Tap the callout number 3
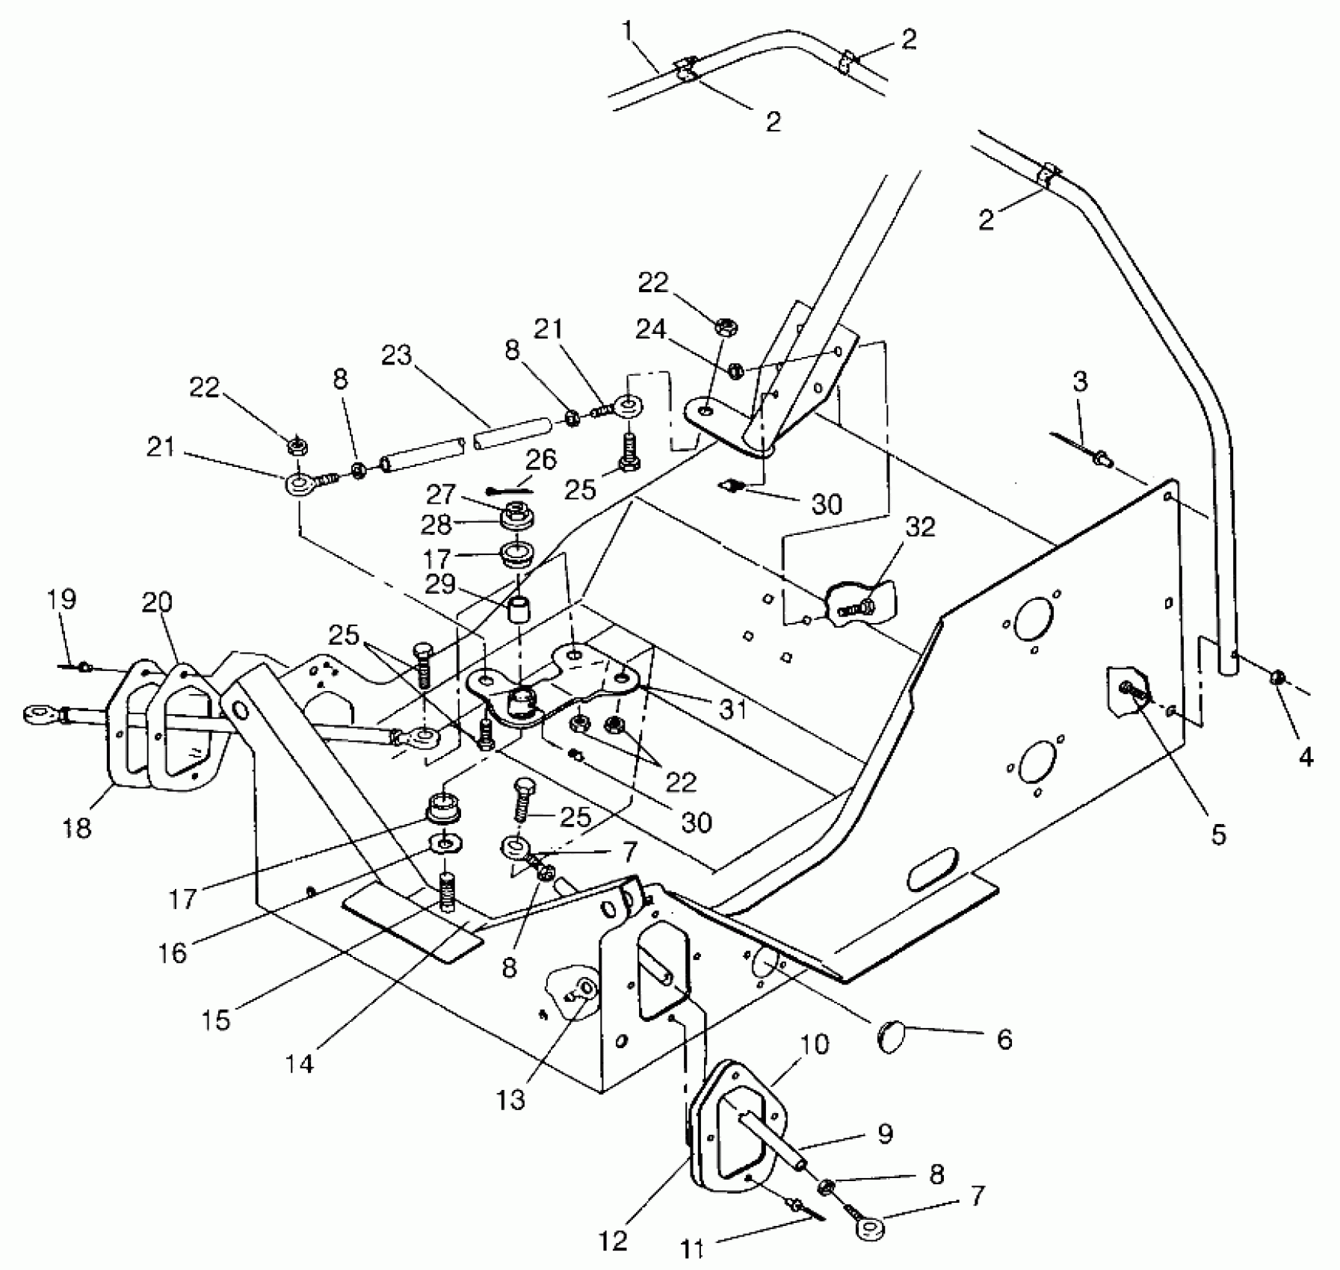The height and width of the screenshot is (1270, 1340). click(x=1080, y=382)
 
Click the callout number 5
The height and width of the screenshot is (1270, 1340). click(x=1219, y=834)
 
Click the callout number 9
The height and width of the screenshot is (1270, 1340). click(x=885, y=1133)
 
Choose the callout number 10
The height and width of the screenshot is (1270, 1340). click(x=815, y=1044)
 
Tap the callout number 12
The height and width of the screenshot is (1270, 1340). click(x=613, y=1241)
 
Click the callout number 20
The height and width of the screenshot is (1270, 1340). click(x=157, y=601)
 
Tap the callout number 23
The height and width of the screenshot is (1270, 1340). click(x=396, y=356)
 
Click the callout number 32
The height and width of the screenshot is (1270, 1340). click(x=920, y=527)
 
